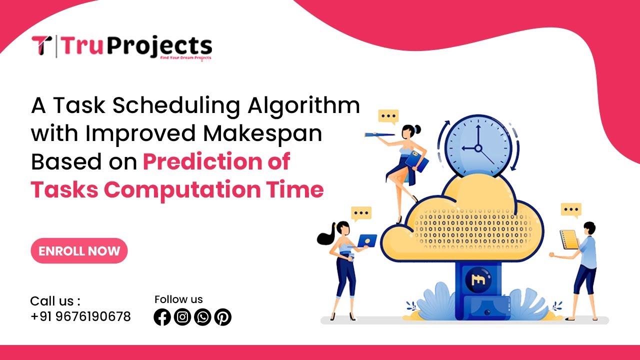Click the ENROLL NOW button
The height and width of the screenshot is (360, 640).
point(79,251)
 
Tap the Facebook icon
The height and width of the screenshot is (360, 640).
point(162,317)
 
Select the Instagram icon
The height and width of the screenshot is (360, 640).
point(182,317)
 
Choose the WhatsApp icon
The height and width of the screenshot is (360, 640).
point(202,317)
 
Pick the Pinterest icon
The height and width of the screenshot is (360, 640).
point(222,317)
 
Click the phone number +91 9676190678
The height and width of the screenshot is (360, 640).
point(80,316)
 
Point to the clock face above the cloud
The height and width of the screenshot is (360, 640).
point(478,145)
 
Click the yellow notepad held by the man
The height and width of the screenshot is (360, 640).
point(569,240)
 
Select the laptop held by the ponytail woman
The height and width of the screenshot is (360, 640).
point(367,240)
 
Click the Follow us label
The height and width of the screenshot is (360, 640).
point(178,299)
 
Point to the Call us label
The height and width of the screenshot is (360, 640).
point(55,301)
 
